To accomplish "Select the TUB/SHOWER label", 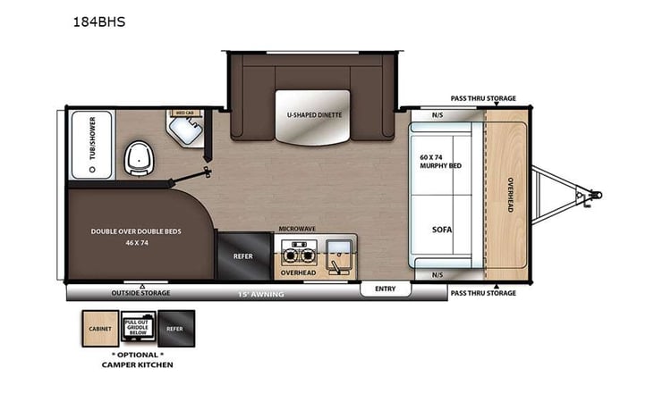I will click(89, 142).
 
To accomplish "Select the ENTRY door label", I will click(385, 289).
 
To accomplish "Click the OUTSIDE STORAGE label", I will click(140, 293).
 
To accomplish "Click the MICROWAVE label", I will click(296, 229).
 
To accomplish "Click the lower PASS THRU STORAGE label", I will click(483, 293).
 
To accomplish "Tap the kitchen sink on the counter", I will click(337, 249).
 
